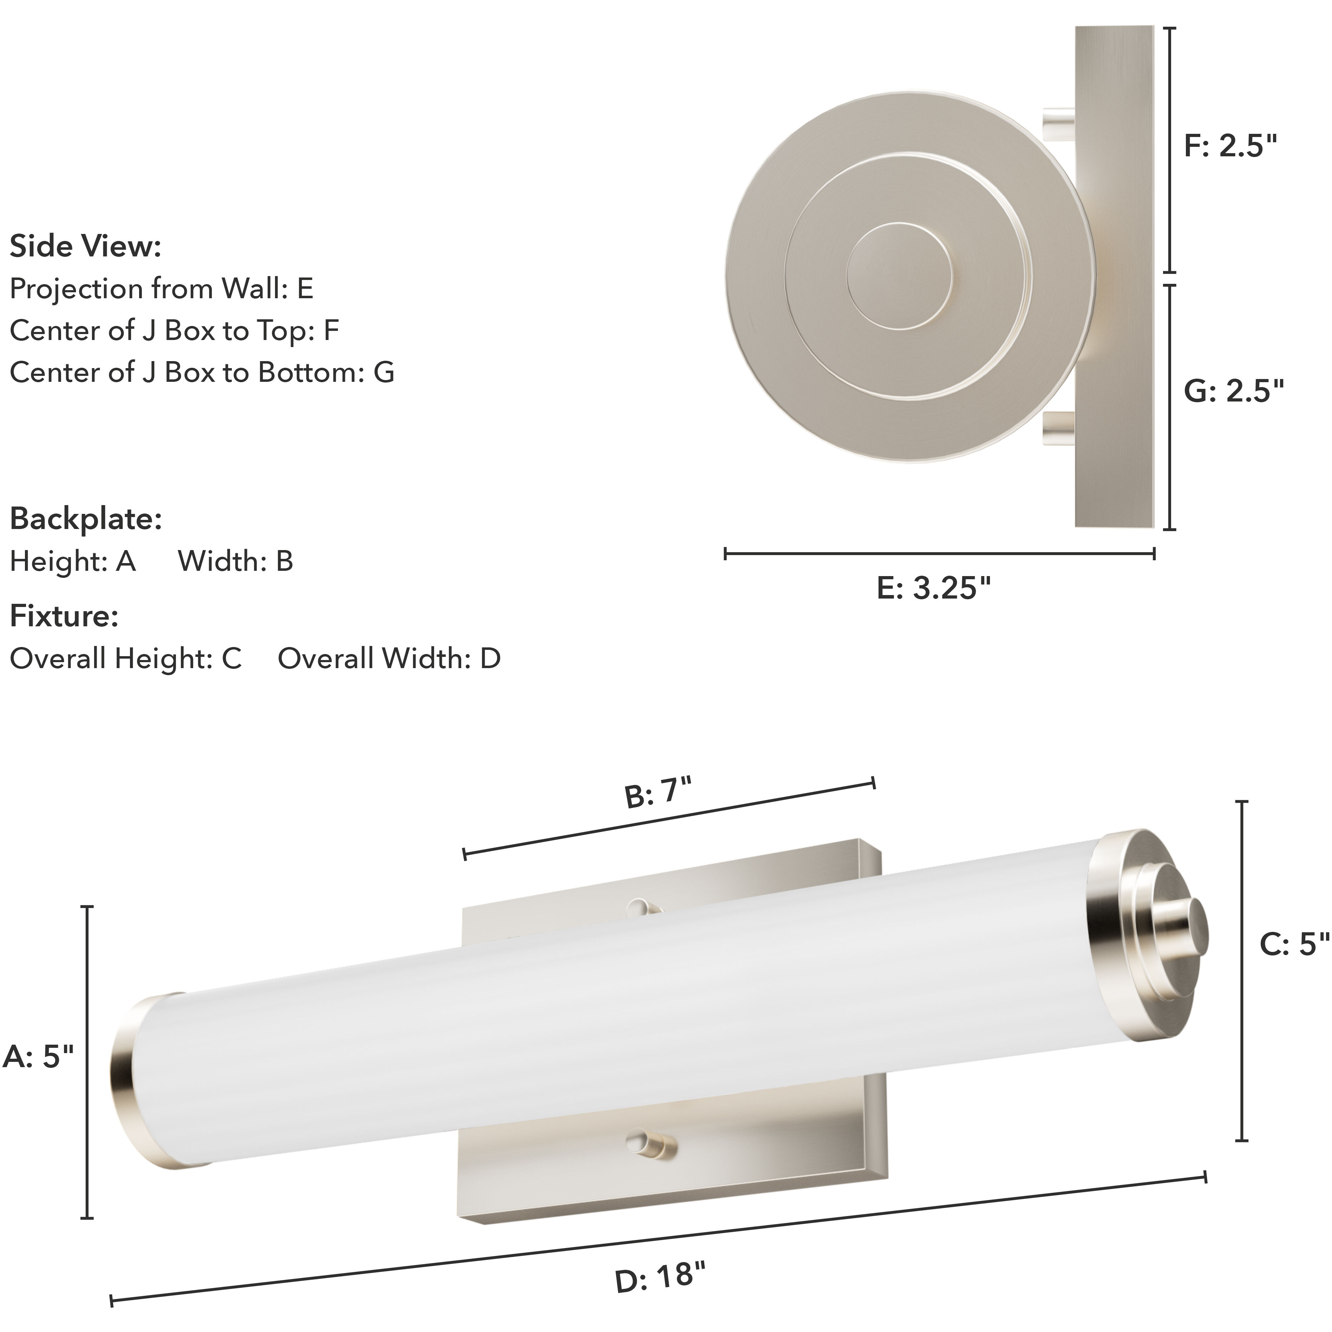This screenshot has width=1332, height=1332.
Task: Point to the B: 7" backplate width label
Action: coord(657,793)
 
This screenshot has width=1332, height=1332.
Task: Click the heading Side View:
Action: coord(85,246)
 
